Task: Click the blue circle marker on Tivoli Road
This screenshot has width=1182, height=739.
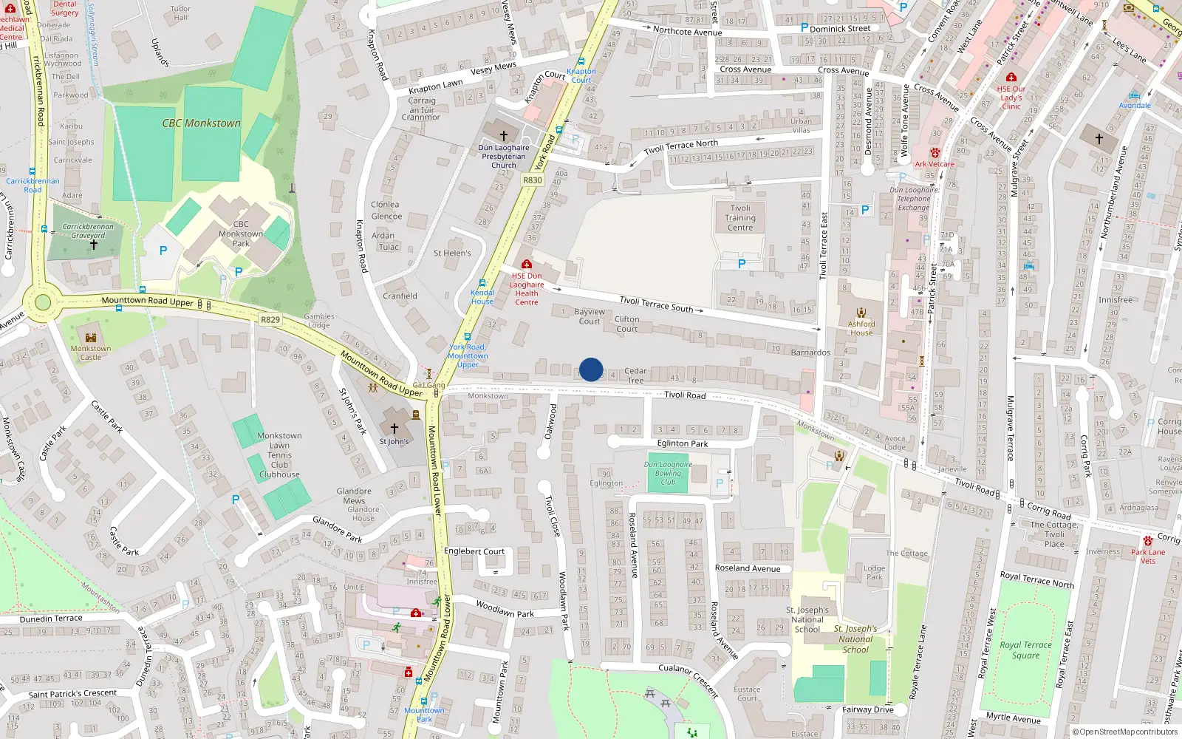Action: [x=591, y=369]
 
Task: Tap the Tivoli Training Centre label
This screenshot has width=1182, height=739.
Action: [x=740, y=218]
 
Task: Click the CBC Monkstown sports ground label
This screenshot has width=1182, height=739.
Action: [x=202, y=123]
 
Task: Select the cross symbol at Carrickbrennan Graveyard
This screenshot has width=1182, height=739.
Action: [x=93, y=245]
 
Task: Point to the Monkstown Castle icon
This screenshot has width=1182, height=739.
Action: [x=91, y=338]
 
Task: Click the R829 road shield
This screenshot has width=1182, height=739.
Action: [x=270, y=320]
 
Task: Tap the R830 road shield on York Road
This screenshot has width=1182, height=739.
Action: [x=532, y=180]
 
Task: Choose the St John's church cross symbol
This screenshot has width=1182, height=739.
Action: [x=394, y=429]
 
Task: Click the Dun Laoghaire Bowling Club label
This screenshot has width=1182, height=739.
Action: [x=668, y=473]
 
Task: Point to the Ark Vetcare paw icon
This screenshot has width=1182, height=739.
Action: [x=935, y=154]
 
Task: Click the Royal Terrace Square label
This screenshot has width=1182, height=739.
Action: [x=1025, y=650]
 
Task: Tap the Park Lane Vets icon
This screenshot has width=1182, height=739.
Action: [x=1147, y=541]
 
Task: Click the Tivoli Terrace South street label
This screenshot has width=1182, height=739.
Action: [x=656, y=304]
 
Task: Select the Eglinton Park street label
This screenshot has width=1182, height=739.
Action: [x=683, y=443]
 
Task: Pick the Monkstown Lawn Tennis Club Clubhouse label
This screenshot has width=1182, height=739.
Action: [x=279, y=455]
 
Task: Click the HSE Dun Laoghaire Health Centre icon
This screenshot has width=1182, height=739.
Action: [x=527, y=264]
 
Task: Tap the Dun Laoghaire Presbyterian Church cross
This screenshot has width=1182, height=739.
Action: [x=504, y=136]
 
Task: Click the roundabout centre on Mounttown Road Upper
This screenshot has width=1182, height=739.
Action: [x=43, y=302]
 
